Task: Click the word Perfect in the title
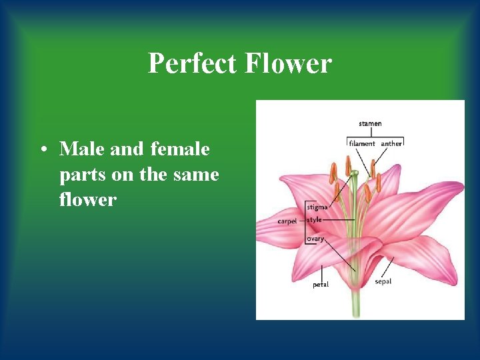pyautogui.click(x=192, y=64)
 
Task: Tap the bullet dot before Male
pyautogui.click(x=43, y=150)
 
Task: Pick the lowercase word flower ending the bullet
pyautogui.click(x=87, y=199)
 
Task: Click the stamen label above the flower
pyautogui.click(x=370, y=123)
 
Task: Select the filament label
pyautogui.click(x=363, y=143)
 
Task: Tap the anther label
pyautogui.click(x=391, y=143)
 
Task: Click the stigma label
pyautogui.click(x=317, y=207)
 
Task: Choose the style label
pyautogui.click(x=315, y=219)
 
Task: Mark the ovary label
pyautogui.click(x=316, y=238)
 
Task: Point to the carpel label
pyautogui.click(x=287, y=221)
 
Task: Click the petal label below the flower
pyautogui.click(x=321, y=285)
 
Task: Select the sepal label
pyautogui.click(x=383, y=281)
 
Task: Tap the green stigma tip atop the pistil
pyautogui.click(x=355, y=174)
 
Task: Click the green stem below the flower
pyautogui.click(x=356, y=303)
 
